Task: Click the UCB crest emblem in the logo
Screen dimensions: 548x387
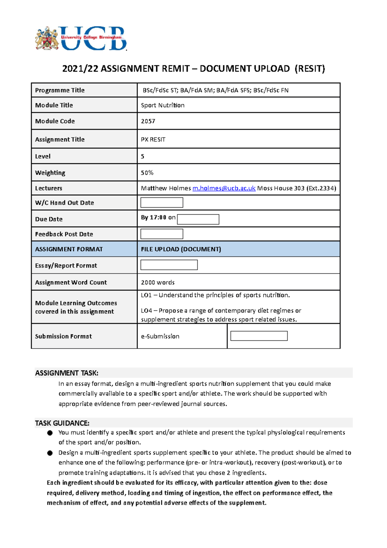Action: [x=47, y=38]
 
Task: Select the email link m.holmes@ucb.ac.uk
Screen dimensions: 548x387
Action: [x=224, y=188]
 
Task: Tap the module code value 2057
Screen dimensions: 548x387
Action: [x=148, y=121]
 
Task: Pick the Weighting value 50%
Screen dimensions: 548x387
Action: [x=147, y=173]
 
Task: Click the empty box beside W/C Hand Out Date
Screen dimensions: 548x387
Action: [x=162, y=203]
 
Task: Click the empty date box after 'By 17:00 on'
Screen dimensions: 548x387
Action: [x=198, y=219]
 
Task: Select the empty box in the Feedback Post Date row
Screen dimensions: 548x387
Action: [x=162, y=234]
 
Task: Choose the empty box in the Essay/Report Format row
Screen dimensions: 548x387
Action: [x=169, y=265]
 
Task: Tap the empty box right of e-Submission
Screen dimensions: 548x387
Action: [x=259, y=336]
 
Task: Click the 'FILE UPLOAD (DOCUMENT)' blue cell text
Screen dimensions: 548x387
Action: [x=181, y=249]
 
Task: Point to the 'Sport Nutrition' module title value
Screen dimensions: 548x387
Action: [x=163, y=105]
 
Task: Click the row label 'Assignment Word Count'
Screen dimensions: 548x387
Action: [x=71, y=282]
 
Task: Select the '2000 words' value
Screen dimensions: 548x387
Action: [x=158, y=282]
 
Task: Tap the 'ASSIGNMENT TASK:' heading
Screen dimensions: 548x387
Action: [x=67, y=373]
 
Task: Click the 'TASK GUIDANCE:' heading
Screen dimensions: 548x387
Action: [x=62, y=423]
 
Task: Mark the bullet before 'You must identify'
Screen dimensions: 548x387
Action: [x=50, y=433]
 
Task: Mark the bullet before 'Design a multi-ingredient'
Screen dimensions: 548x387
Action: [x=50, y=453]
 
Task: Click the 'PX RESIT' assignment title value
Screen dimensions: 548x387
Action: [x=153, y=139]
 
